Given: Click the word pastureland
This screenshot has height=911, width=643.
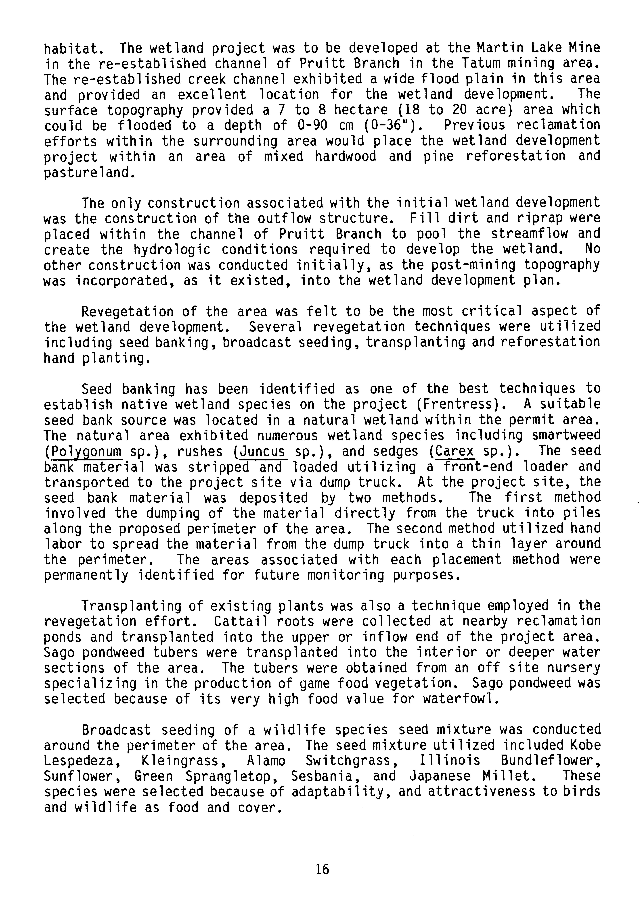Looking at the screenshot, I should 86,173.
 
